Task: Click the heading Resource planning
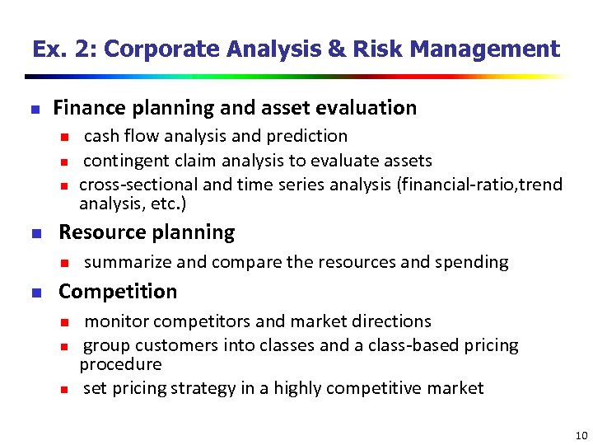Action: (x=147, y=232)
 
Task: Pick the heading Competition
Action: (x=118, y=292)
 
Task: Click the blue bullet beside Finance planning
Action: (x=34, y=109)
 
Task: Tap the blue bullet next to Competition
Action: (x=34, y=293)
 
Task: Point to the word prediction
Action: (x=308, y=136)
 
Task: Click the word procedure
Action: (x=120, y=364)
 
